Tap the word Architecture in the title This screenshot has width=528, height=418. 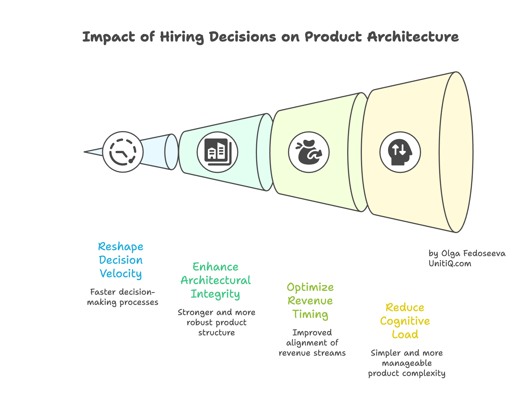[x=413, y=37]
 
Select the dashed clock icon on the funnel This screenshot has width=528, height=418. [x=123, y=152]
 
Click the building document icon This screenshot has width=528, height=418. [x=217, y=152]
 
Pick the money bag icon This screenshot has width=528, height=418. [x=309, y=152]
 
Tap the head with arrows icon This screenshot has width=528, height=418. [x=400, y=152]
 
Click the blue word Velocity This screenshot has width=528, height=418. [x=121, y=274]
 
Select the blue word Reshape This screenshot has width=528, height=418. [x=121, y=247]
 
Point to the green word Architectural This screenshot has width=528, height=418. [x=215, y=280]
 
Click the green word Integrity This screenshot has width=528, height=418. [x=215, y=294]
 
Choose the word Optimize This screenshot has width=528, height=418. [x=310, y=287]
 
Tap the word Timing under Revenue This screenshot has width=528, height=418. [x=310, y=314]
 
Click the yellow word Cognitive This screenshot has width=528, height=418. [x=405, y=321]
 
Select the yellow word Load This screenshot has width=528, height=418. [x=405, y=335]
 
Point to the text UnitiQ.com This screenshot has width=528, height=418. [x=450, y=263]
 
